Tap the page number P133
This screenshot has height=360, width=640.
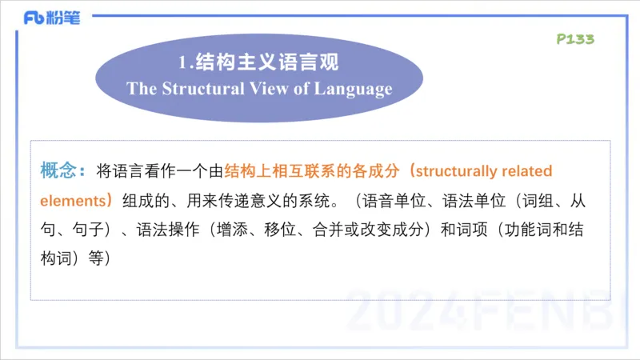click(x=574, y=39)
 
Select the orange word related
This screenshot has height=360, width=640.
click(x=526, y=171)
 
